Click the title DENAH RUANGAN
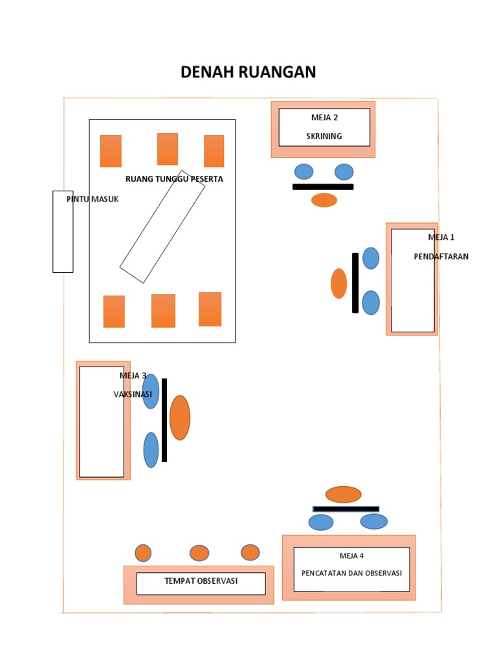pyautogui.click(x=248, y=72)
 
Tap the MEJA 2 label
pyautogui.click(x=325, y=118)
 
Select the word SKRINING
pyautogui.click(x=324, y=136)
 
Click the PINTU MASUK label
pyautogui.click(x=93, y=199)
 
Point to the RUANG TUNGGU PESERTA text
pyautogui.click(x=174, y=179)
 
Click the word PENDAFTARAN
pyautogui.click(x=441, y=256)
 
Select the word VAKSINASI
pyautogui.click(x=133, y=394)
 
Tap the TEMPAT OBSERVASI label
pyautogui.click(x=201, y=581)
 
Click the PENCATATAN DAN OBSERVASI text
pyautogui.click(x=351, y=573)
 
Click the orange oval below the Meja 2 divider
pyautogui.click(x=324, y=200)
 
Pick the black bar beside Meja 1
pyautogui.click(x=355, y=283)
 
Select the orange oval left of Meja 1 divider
pyautogui.click(x=339, y=284)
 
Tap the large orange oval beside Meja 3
pyautogui.click(x=180, y=418)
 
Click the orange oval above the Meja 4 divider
pyautogui.click(x=343, y=495)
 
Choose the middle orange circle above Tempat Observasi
pyautogui.click(x=199, y=553)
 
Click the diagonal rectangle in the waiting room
pyautogui.click(x=162, y=227)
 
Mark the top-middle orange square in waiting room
pyautogui.click(x=168, y=149)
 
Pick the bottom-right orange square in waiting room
pyautogui.click(x=210, y=309)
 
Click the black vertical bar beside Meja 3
pyautogui.click(x=164, y=420)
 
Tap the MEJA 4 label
pyautogui.click(x=351, y=555)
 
